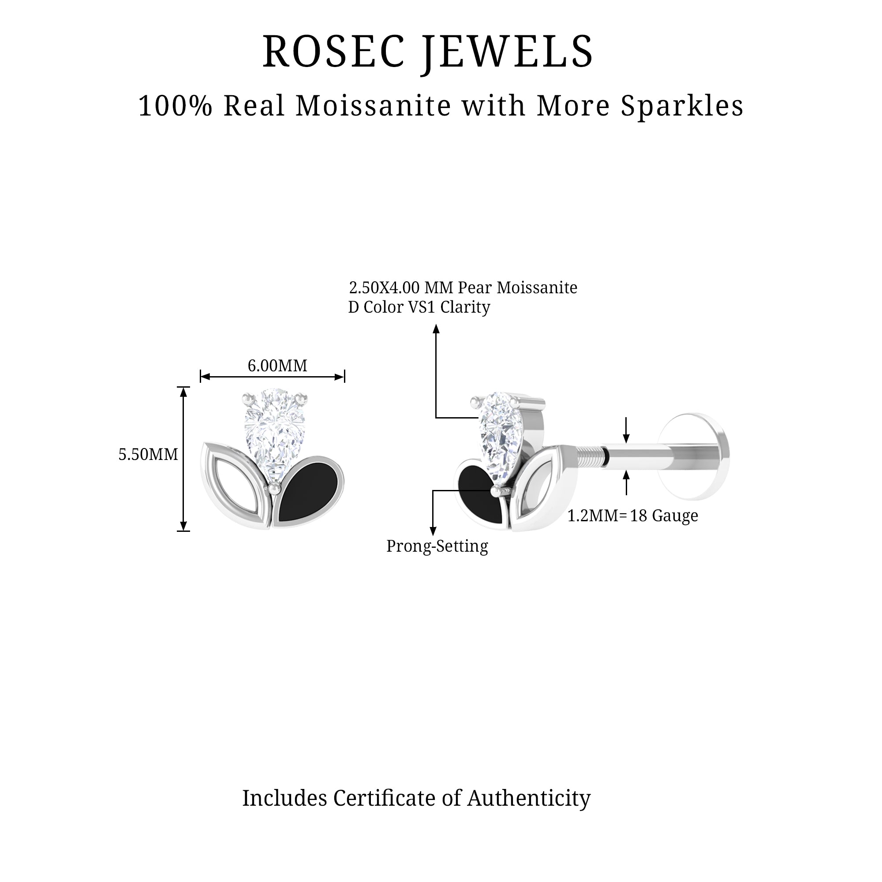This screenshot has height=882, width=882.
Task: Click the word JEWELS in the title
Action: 508,53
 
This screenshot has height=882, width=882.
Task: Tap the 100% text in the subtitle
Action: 176,106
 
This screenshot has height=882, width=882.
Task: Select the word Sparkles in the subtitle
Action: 682,106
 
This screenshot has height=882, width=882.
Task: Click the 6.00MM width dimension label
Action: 277,366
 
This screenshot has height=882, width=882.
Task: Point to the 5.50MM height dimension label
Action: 148,454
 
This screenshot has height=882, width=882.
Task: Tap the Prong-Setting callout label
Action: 437,546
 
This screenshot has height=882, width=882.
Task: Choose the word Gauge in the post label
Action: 675,516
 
